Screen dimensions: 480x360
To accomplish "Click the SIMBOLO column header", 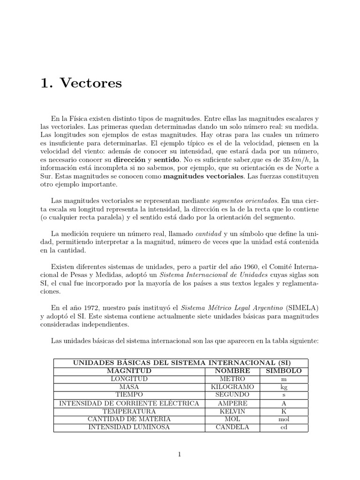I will click(x=284, y=371).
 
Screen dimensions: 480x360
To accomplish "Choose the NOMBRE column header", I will click(x=232, y=371).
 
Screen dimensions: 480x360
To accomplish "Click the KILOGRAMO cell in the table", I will click(x=232, y=387).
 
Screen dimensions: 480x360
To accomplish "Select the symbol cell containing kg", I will click(x=284, y=387).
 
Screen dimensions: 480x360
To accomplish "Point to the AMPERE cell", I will click(x=232, y=403).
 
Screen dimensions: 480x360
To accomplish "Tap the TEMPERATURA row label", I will click(x=129, y=411).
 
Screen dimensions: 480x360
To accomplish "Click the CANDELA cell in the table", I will click(x=232, y=427).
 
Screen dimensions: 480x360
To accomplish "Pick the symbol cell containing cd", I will click(x=284, y=427).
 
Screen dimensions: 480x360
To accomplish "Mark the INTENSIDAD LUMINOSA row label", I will click(x=129, y=427).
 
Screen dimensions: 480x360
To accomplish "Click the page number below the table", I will click(x=180, y=454).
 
